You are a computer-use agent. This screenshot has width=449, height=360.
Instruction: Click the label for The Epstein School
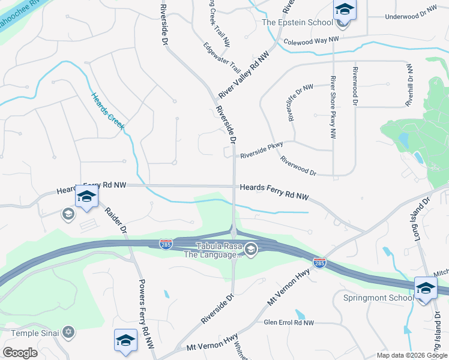click(297, 23)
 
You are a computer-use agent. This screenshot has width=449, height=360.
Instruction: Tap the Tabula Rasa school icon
click(252, 249)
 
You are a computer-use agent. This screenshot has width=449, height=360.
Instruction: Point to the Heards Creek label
click(108, 111)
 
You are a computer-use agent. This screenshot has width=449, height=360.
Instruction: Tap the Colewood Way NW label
click(311, 41)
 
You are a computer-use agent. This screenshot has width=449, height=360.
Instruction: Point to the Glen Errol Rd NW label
click(289, 323)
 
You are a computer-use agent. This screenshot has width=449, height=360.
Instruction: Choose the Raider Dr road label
click(116, 221)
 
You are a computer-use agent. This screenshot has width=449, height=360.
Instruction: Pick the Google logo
click(20, 353)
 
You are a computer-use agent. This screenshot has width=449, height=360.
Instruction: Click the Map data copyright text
click(411, 355)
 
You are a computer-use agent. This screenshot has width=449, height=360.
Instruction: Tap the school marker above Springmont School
click(426, 288)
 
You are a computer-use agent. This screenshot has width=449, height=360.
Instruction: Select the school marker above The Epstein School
click(345, 9)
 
